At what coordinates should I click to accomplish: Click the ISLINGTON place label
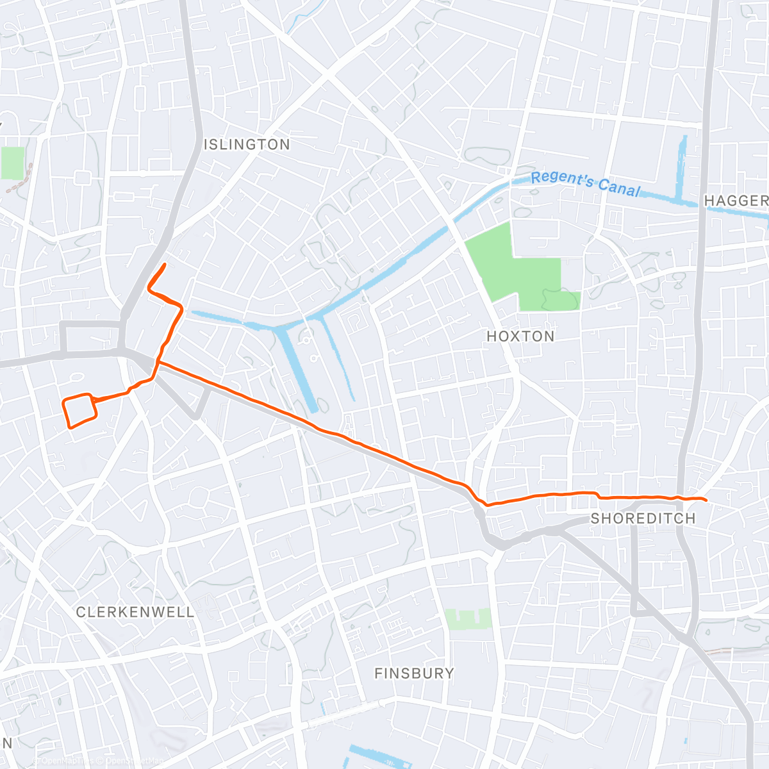coord(247,145)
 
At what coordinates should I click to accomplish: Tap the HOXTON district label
coord(520,336)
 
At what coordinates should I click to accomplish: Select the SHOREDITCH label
coord(643,518)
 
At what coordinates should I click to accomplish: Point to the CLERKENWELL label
coord(135,612)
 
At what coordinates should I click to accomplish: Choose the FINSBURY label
coord(414,674)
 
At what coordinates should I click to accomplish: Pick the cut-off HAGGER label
coord(736,201)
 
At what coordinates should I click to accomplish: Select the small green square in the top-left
coord(12,163)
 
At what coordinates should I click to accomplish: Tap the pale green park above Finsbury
coord(468,619)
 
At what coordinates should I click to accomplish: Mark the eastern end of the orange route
coord(705,500)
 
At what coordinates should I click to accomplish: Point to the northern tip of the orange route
coord(165,264)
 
